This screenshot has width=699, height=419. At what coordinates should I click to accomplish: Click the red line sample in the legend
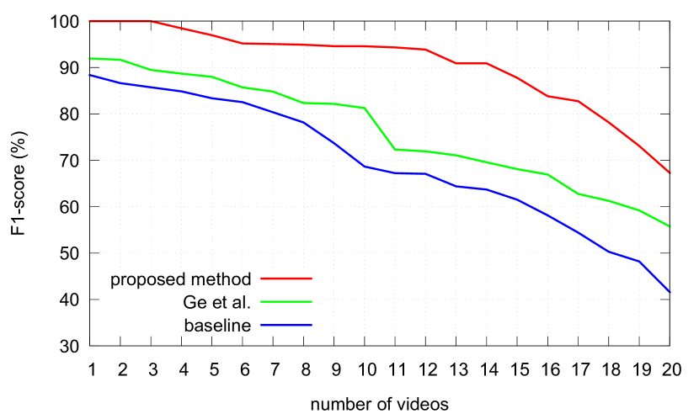coord(286,278)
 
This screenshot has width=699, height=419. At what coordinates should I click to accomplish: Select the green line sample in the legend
coord(286,301)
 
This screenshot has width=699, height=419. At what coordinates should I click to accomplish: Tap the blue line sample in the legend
coord(286,325)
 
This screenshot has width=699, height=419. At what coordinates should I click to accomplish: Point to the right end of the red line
coord(670,173)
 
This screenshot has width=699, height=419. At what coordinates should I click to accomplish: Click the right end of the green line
coord(670,227)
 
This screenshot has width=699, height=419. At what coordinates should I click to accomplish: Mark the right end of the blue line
coord(670,293)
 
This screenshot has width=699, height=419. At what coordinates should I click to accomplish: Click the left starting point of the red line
coord(89,21)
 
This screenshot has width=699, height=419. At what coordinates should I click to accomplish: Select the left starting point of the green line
coord(89,58)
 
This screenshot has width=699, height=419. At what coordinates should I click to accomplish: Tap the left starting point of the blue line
coord(89,75)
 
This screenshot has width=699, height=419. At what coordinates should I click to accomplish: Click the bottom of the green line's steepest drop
coord(395,150)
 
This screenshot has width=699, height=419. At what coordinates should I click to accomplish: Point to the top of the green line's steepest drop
coord(365,109)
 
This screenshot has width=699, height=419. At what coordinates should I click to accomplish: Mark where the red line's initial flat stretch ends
coord(151,21)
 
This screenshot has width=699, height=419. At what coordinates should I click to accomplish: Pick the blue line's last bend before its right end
coord(639,262)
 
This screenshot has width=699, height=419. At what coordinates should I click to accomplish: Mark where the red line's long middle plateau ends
coord(425,50)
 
